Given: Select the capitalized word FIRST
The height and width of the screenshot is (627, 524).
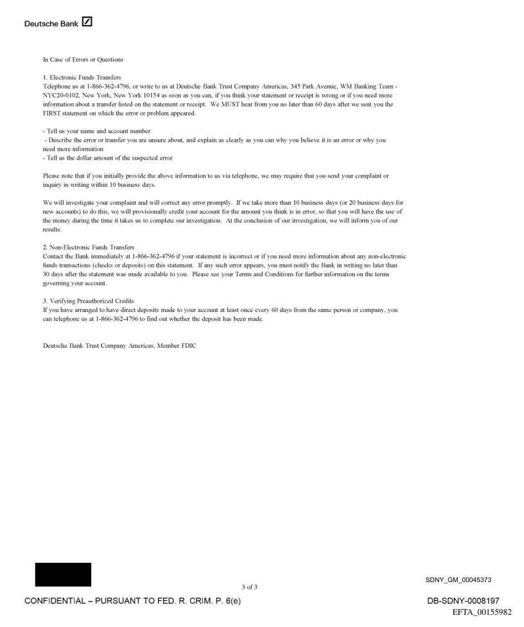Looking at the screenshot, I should [53, 110].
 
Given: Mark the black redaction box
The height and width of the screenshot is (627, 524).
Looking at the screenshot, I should [63, 574].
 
